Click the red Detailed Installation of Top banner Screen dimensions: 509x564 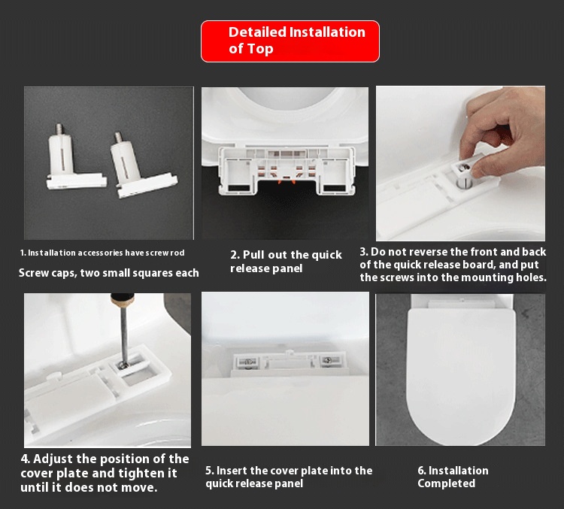tap(290, 41)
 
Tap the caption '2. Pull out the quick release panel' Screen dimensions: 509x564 tap(286, 262)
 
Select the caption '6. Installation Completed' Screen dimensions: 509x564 tap(453, 477)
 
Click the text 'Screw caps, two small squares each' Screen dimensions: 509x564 tap(108, 272)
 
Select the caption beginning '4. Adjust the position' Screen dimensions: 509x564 tap(105, 473)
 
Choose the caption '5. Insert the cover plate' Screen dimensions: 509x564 tap(289, 477)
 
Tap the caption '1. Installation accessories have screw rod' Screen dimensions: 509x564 tap(102, 253)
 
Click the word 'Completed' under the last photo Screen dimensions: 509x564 tap(446, 483)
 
